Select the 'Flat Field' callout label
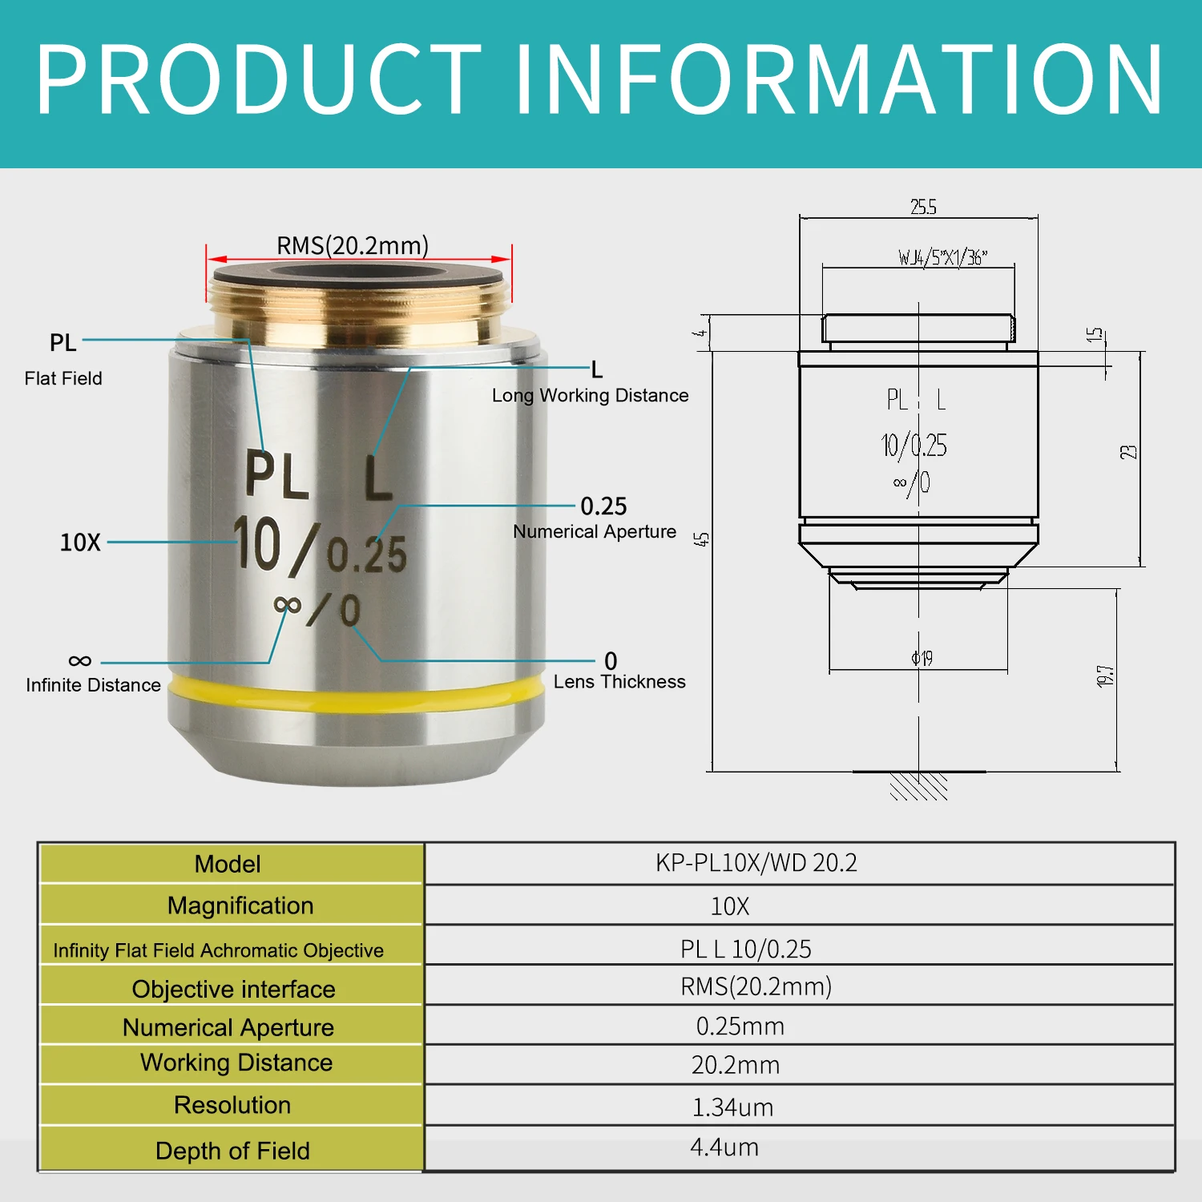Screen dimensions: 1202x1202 click(x=63, y=378)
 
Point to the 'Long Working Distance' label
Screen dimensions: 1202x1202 click(x=590, y=395)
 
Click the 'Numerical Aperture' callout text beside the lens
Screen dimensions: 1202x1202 click(x=595, y=531)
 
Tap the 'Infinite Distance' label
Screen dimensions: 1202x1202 click(x=93, y=685)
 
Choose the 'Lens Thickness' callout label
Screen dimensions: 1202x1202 click(x=619, y=682)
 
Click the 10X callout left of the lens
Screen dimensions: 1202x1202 click(x=80, y=543)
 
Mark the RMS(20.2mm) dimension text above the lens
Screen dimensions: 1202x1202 click(x=353, y=245)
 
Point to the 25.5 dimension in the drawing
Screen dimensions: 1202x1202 click(x=923, y=208)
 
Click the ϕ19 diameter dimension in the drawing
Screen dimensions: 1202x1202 click(x=922, y=659)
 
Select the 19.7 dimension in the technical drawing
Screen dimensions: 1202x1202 click(x=1106, y=676)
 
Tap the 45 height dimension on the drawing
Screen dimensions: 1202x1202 click(x=703, y=539)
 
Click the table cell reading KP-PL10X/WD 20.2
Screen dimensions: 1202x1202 click(x=756, y=863)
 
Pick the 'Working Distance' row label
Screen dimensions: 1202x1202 click(x=236, y=1063)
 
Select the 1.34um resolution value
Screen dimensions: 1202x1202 click(x=732, y=1107)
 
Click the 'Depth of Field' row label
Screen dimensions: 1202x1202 click(x=232, y=1151)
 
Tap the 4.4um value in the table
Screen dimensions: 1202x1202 click(x=724, y=1148)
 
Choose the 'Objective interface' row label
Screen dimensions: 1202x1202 click(x=233, y=989)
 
